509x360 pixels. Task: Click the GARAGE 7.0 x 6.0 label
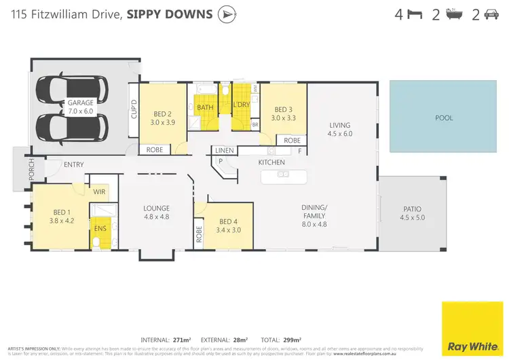point(80,107)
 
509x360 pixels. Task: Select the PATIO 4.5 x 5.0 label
point(412,213)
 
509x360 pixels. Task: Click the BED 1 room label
point(60,216)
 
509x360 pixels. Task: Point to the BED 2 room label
point(163,118)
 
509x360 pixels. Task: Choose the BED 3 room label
point(283,113)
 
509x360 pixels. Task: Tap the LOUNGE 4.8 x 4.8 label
point(156,213)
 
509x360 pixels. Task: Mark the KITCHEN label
point(271,162)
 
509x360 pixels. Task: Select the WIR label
point(99,192)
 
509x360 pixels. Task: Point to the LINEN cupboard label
point(225,150)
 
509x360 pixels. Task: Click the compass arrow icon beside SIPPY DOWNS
point(226,14)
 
